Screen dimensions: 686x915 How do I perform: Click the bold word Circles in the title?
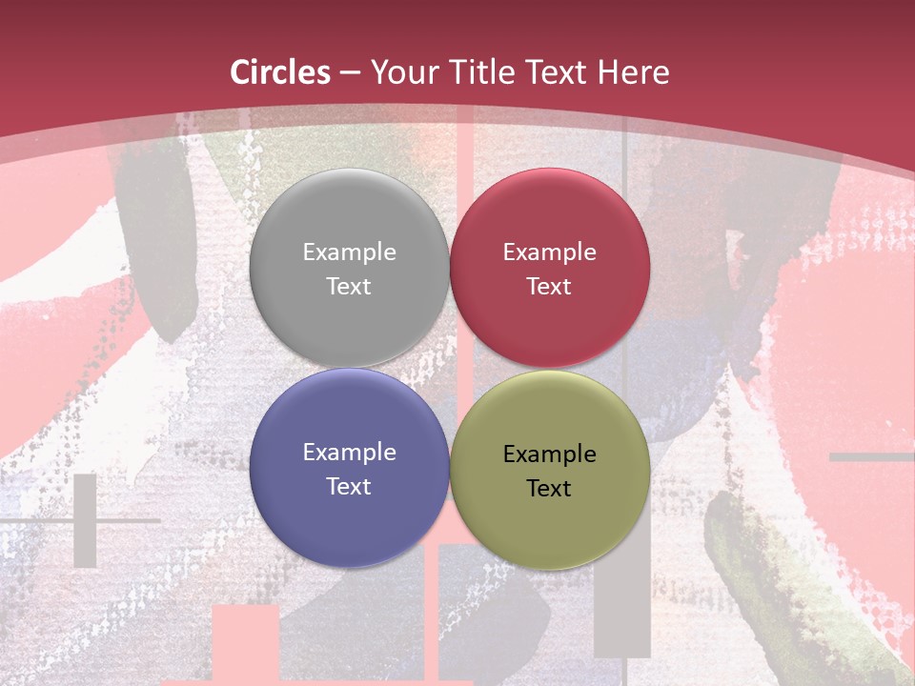279,72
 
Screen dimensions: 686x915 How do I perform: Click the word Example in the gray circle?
349,252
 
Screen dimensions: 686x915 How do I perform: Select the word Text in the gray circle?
349,286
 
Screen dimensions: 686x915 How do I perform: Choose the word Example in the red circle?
549,252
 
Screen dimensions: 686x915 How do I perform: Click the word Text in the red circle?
549,286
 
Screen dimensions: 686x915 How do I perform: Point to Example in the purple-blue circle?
349,453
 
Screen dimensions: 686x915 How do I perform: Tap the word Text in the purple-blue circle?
349,486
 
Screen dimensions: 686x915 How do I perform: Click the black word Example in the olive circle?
549,454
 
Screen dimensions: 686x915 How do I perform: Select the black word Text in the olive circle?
549,488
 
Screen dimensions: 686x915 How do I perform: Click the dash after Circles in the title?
350,72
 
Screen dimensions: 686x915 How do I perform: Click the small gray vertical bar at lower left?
85,520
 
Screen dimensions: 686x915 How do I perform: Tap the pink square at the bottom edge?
245,642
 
